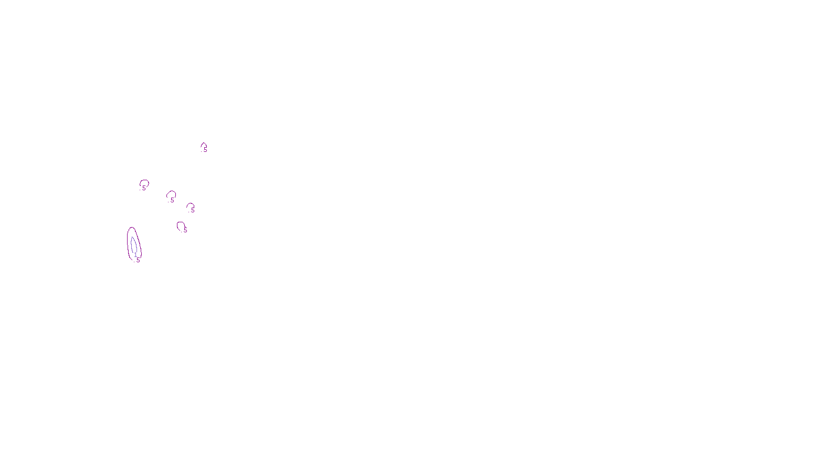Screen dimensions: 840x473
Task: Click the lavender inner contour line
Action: (132, 246)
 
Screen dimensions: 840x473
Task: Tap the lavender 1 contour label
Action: (135, 255)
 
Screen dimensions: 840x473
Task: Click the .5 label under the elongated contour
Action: (138, 260)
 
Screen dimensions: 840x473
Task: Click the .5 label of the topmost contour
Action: (205, 150)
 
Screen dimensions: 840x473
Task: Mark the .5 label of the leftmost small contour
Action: (144, 188)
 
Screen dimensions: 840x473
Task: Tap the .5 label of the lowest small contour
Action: (185, 230)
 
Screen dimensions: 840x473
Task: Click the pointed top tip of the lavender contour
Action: (133, 237)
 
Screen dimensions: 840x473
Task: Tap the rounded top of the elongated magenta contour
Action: (132, 228)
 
